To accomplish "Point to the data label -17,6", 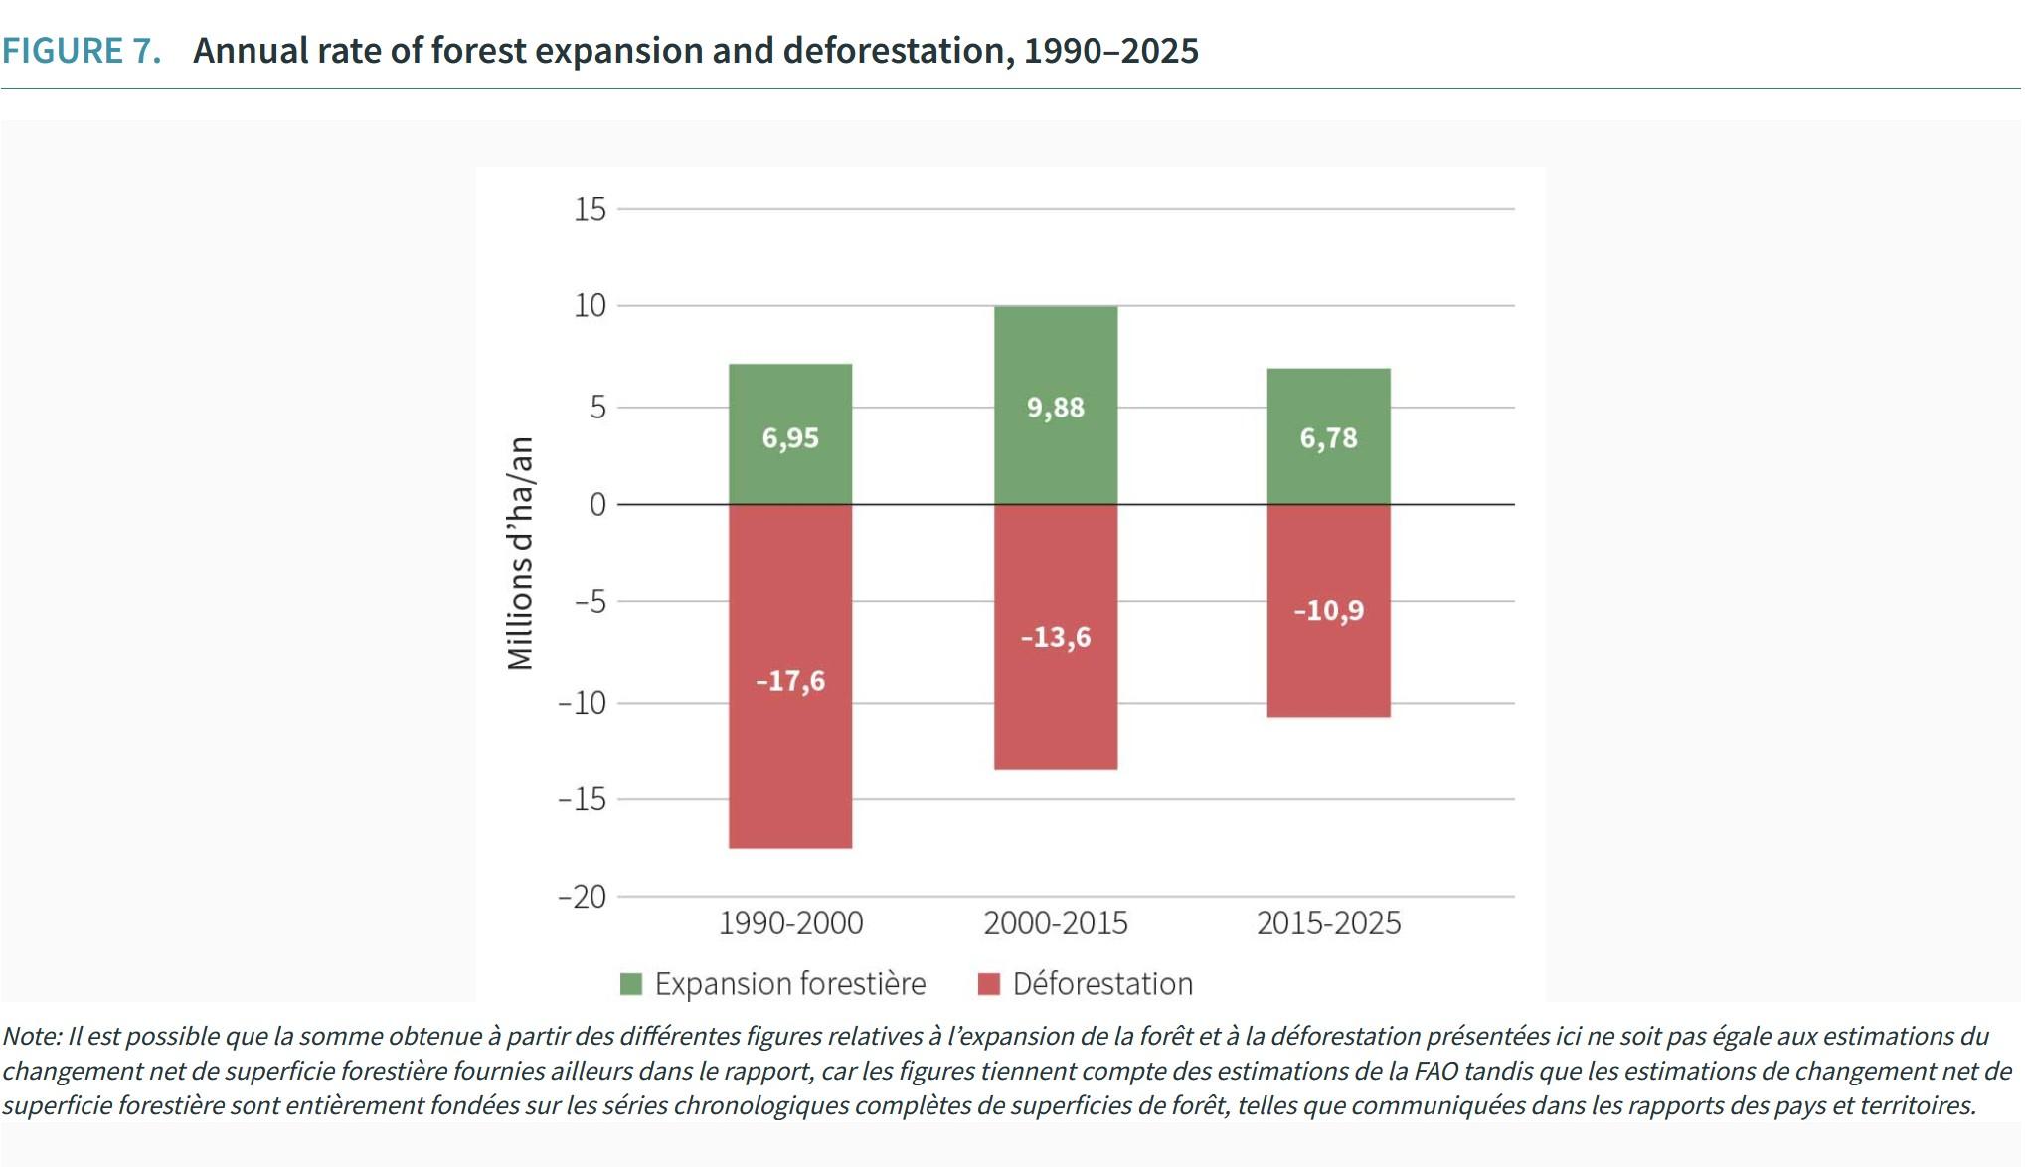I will click(x=790, y=681).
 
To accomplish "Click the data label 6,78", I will click(x=1328, y=438).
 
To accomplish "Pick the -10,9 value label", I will click(x=1328, y=610).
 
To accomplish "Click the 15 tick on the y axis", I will click(x=590, y=209).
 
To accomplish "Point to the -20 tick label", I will click(x=583, y=897).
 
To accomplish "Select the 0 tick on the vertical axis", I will click(x=596, y=505).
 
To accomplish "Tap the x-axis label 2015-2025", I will click(x=1328, y=923).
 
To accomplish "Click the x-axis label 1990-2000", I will click(x=790, y=923).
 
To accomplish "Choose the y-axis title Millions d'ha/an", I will click(x=521, y=554).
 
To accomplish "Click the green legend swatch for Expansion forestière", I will click(x=631, y=984).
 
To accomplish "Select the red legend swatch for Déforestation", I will click(x=988, y=984).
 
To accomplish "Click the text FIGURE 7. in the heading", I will click(x=82, y=51).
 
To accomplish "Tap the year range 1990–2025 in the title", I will click(x=1110, y=51).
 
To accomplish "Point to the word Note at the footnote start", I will click(x=31, y=1036).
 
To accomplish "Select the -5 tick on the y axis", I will click(x=590, y=602).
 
